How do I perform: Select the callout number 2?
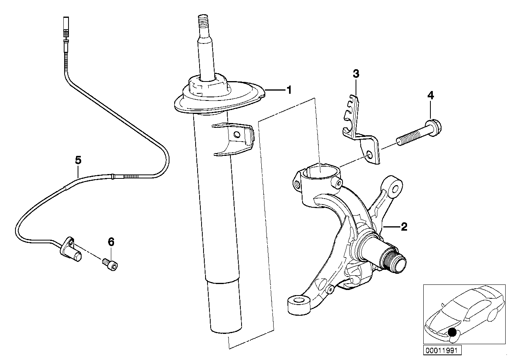click(403, 227)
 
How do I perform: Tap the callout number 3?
click(356, 74)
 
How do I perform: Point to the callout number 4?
click(430, 95)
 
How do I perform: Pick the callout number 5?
click(78, 160)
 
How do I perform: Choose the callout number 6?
click(111, 241)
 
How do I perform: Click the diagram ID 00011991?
click(441, 350)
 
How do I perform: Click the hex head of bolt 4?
click(435, 127)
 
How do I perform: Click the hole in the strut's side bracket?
click(237, 135)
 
